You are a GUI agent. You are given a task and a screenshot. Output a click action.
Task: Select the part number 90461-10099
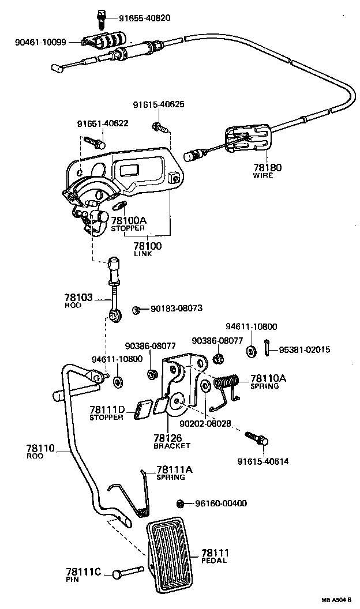pyautogui.click(x=43, y=42)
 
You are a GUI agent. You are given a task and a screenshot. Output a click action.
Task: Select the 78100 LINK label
pyautogui.click(x=148, y=249)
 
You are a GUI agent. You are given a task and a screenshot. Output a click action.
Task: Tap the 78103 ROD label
pyautogui.click(x=78, y=300)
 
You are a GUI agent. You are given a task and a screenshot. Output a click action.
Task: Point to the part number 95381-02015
pyautogui.click(x=305, y=349)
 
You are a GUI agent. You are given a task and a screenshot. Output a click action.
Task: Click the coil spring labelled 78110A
pyautogui.click(x=227, y=382)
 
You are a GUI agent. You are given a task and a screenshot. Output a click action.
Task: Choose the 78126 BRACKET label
pyautogui.click(x=171, y=441)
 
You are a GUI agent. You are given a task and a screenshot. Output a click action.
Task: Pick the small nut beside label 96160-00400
pyautogui.click(x=180, y=503)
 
